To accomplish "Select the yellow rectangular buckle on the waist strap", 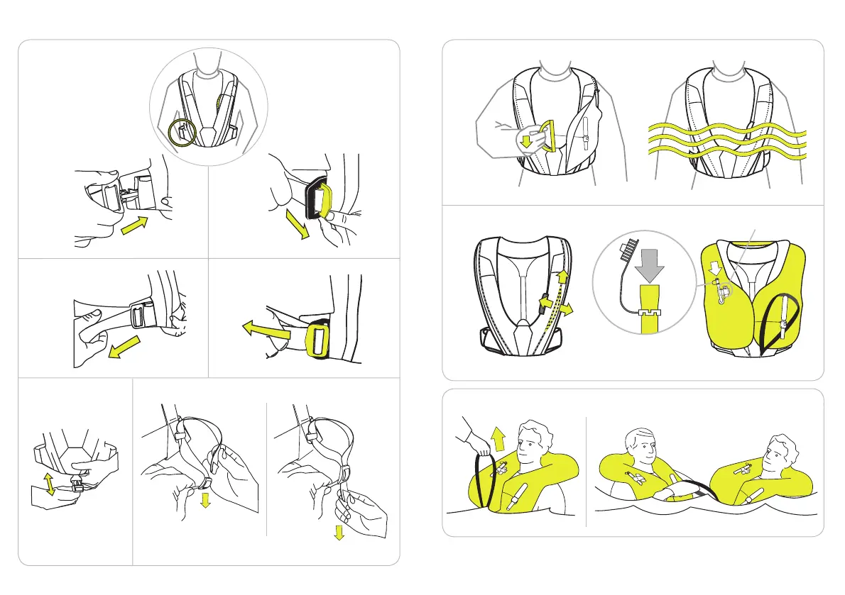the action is pos(317,341).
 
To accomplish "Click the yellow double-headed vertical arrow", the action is pos(50,485).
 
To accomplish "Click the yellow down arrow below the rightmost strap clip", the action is pos(339,532).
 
